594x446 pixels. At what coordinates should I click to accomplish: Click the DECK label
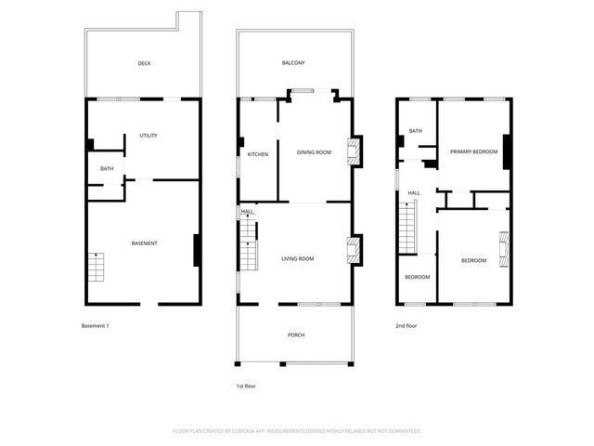tap(144, 64)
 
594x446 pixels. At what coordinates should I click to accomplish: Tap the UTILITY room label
tap(148, 136)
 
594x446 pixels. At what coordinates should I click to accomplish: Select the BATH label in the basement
tap(107, 169)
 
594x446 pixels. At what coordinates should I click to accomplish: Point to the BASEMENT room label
tap(144, 243)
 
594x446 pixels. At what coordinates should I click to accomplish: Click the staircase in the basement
tap(97, 268)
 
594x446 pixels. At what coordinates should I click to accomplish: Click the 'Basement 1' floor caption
tap(96, 326)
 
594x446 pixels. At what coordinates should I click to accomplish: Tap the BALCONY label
tap(293, 63)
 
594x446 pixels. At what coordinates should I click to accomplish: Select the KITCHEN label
tap(258, 154)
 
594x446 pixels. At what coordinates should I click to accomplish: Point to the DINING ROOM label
tap(314, 152)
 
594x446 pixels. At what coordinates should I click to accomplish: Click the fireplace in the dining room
tap(353, 152)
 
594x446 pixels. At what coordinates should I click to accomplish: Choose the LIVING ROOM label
tap(298, 259)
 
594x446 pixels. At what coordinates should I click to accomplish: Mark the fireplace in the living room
tap(353, 250)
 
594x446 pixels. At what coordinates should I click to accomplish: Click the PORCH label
tap(296, 335)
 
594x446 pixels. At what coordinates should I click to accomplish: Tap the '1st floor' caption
tap(245, 385)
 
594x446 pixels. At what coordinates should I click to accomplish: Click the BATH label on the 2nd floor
tap(415, 131)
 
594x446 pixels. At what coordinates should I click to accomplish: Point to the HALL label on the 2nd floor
tap(413, 193)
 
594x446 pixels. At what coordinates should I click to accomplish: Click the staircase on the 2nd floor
tap(407, 229)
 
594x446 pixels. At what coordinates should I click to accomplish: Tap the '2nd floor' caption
tap(407, 326)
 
